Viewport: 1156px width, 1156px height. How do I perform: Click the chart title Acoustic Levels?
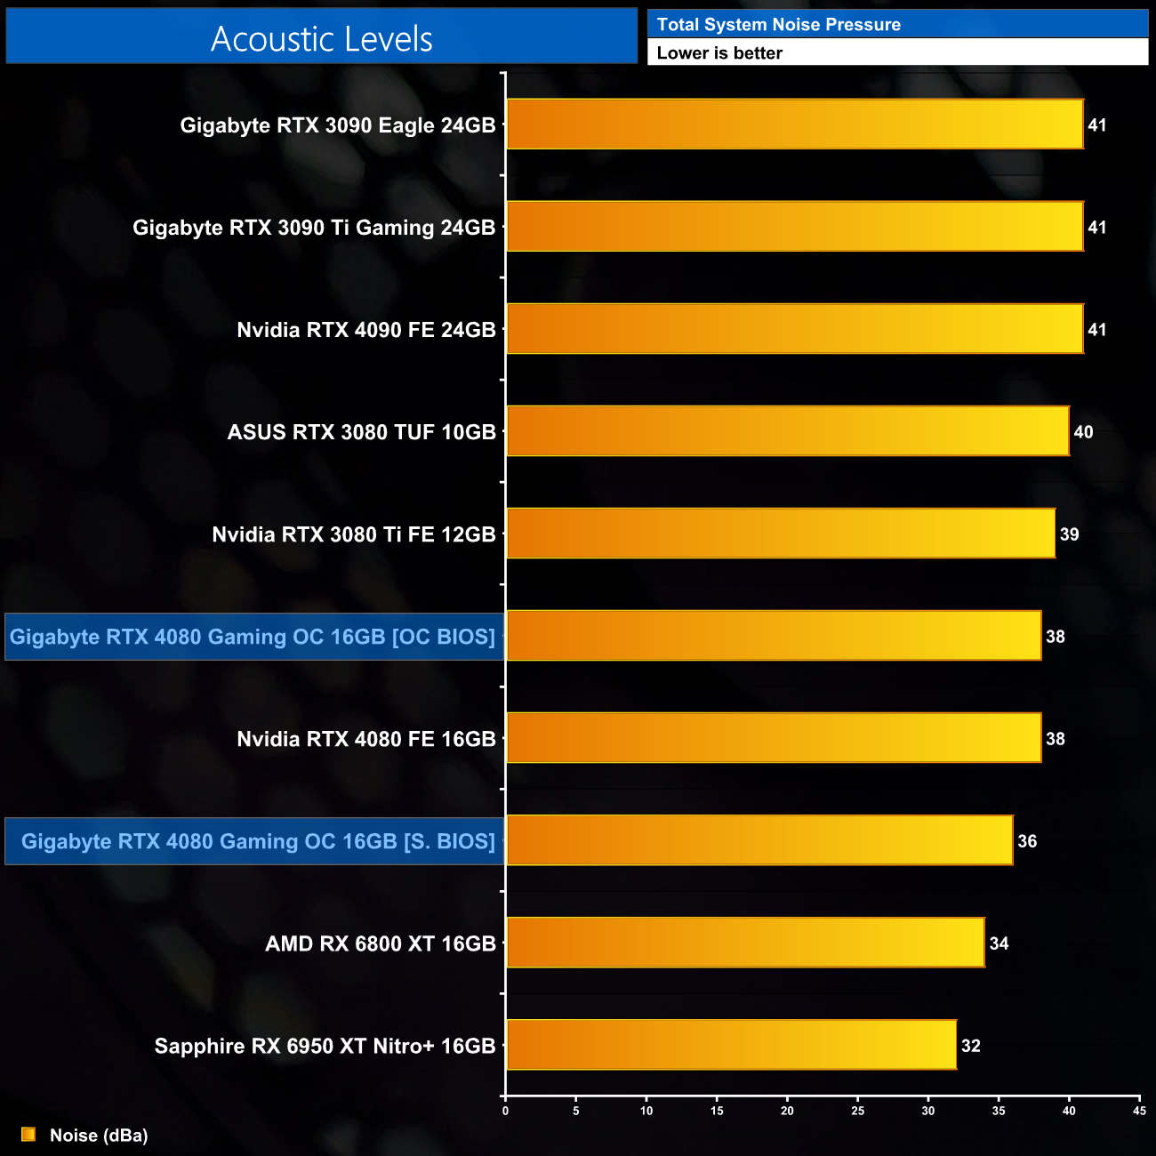(322, 39)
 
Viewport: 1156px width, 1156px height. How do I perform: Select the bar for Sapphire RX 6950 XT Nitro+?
(731, 1045)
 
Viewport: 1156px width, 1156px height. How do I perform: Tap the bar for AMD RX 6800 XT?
(745, 943)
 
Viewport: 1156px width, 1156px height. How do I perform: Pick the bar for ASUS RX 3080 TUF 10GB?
(787, 431)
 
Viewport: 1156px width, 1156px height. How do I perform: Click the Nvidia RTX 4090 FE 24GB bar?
(794, 329)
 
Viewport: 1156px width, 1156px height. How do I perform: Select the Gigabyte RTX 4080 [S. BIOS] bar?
(759, 840)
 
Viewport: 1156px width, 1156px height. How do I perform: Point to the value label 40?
(1083, 432)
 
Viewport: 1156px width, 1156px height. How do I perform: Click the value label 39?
(1069, 534)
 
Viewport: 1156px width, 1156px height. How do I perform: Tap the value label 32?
(970, 1046)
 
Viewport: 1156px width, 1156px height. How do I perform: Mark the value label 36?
(1027, 841)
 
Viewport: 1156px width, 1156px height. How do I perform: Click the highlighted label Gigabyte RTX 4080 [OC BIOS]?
(253, 637)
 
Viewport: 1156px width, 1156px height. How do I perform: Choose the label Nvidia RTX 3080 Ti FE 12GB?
(353, 534)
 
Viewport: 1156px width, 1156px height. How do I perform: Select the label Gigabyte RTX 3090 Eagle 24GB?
(337, 125)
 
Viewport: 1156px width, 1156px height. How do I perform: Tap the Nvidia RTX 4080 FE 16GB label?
(365, 739)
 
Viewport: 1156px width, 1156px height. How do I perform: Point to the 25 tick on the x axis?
(857, 1111)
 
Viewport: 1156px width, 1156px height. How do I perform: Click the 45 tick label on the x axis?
(1139, 1111)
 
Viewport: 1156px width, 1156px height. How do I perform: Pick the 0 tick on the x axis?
(505, 1111)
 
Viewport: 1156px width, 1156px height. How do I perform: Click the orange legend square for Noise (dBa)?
(28, 1135)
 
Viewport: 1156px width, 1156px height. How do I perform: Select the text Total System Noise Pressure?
(778, 25)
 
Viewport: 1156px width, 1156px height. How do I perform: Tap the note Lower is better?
(719, 53)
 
